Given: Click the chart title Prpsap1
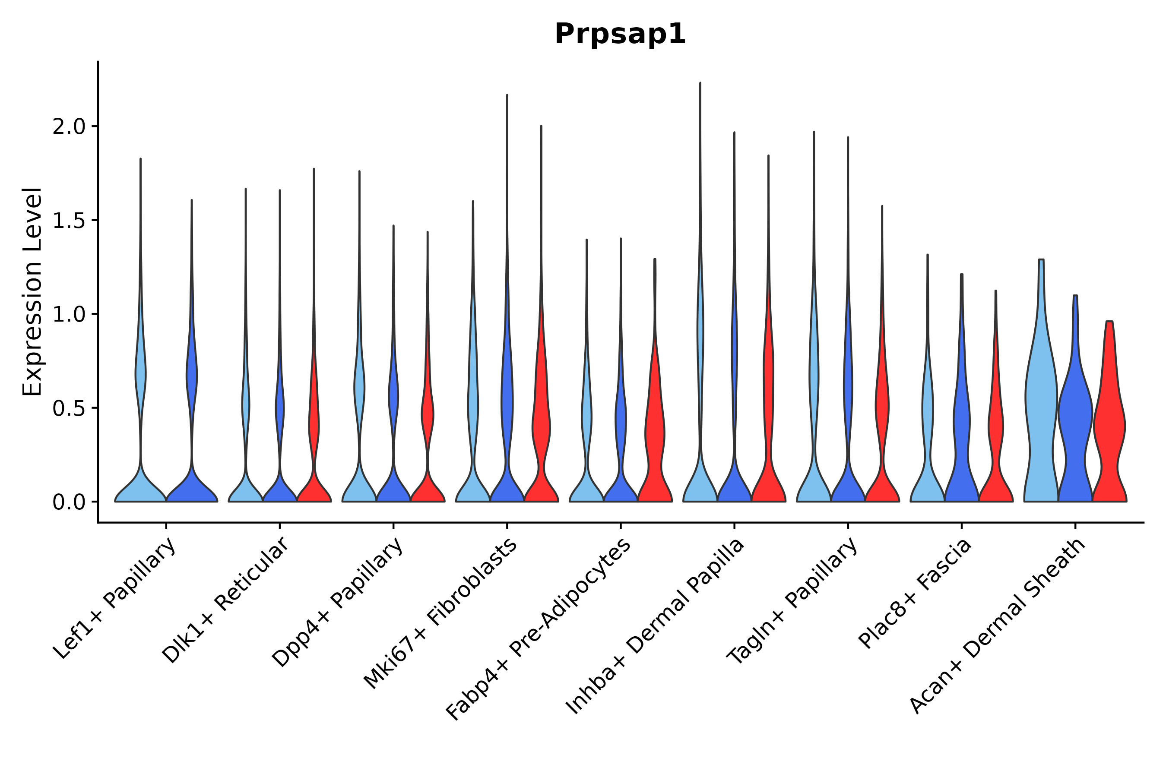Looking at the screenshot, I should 620,35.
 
